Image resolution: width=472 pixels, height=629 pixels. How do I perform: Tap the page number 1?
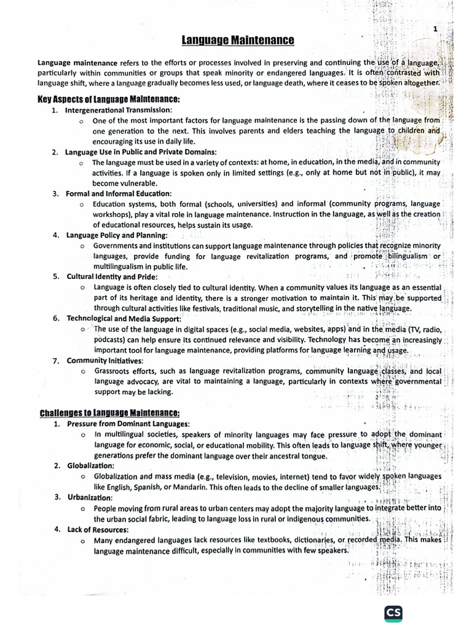(x=436, y=29)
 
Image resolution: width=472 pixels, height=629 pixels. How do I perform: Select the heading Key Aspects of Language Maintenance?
(x=109, y=99)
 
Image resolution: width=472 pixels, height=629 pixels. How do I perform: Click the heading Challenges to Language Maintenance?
(x=109, y=413)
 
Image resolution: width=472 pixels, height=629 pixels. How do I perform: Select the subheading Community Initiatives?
(x=104, y=360)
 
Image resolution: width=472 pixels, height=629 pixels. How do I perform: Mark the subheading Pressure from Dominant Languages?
(x=128, y=424)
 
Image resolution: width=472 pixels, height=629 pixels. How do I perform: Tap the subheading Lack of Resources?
(x=98, y=529)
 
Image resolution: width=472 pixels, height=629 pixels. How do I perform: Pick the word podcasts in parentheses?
(x=108, y=340)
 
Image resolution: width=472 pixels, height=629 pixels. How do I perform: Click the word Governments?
(x=117, y=246)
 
